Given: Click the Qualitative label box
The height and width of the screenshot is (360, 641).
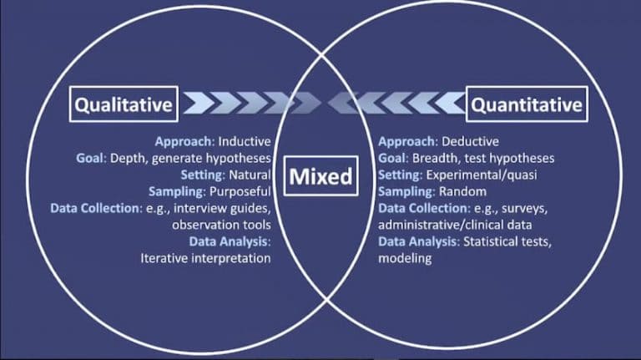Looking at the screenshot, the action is pos(124,104).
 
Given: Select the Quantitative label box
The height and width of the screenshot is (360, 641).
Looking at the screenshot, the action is pos(527,104).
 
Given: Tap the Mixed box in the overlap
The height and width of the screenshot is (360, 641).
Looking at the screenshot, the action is pos(320,176).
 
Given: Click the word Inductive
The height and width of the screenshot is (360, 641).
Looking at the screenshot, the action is pos(245,141).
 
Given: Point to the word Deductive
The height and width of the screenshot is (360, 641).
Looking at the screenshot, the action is pos(470,141).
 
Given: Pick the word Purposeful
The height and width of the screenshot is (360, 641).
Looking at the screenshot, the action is pos(240,191).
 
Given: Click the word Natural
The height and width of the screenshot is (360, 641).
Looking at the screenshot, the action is pos(250,175).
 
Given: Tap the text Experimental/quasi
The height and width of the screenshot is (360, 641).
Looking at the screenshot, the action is pos(482,175).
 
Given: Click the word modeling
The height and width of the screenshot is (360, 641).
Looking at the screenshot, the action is pos(405,259).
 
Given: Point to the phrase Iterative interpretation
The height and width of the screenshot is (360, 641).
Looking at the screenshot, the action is pos(205,259).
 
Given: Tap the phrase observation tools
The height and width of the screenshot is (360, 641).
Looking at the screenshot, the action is pos(221,225).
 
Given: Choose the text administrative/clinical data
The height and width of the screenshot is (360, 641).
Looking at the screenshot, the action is pos(455,225).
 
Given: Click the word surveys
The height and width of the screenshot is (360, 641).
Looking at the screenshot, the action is pos(524,209).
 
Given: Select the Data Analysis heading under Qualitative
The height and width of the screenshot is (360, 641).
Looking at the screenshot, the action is pos(230,241).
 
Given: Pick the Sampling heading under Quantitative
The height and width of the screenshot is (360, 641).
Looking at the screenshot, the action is pos(406,192).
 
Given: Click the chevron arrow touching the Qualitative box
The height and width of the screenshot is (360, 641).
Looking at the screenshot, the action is pos(199,103).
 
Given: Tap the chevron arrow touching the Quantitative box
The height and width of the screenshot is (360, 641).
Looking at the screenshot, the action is pos(450,103).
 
